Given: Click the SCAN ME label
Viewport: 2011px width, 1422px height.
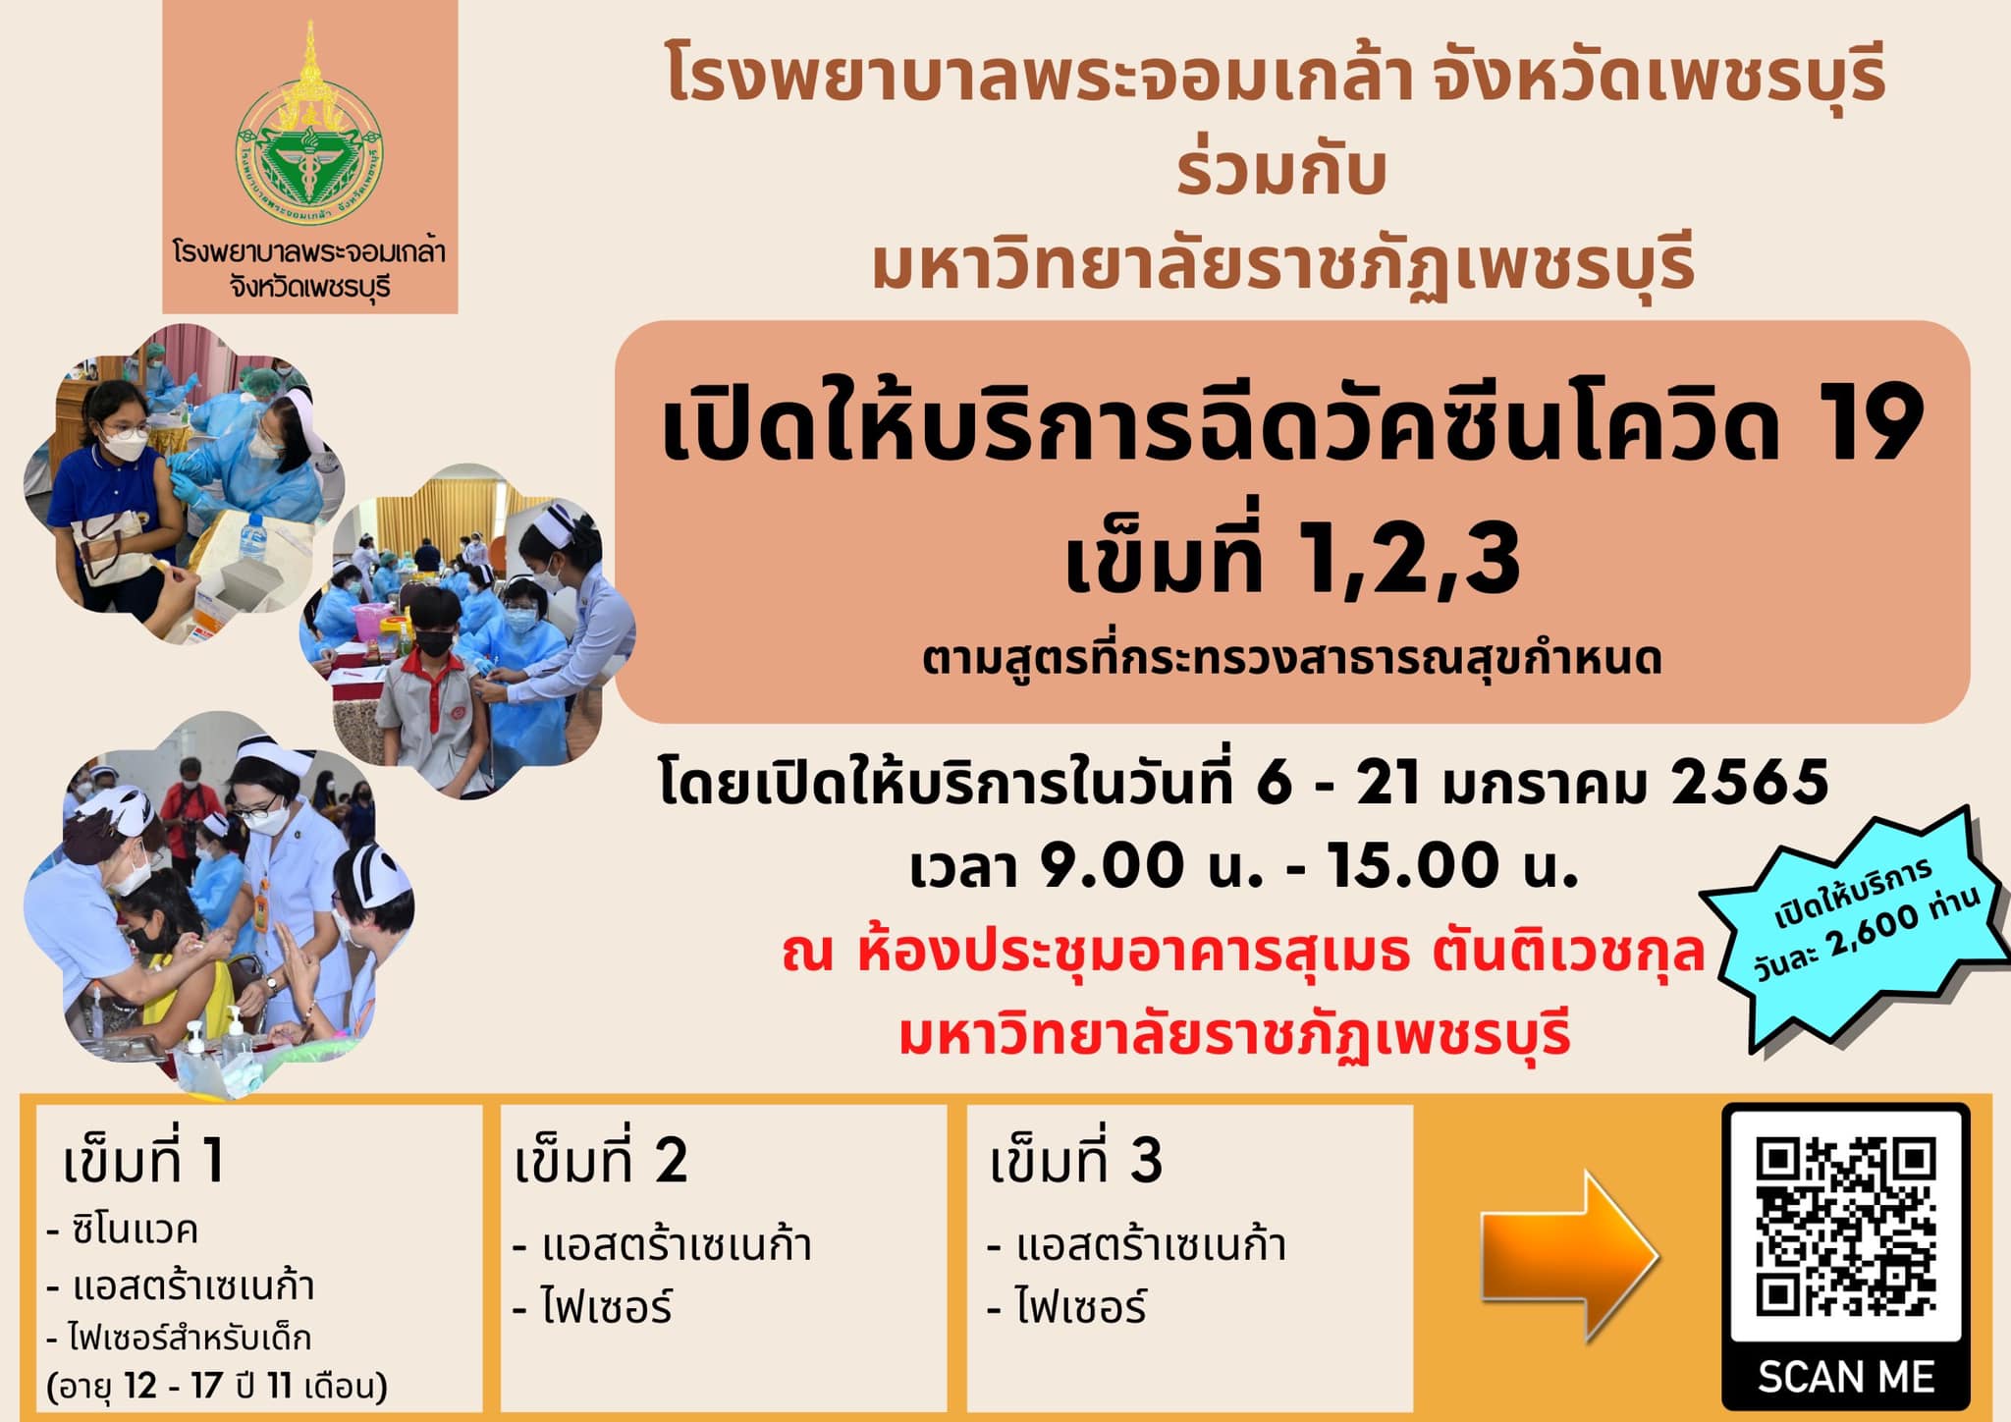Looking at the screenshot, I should [1845, 1377].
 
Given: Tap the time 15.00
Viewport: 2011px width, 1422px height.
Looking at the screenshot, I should [1415, 866].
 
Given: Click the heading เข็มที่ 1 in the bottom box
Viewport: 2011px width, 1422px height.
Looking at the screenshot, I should [143, 1163].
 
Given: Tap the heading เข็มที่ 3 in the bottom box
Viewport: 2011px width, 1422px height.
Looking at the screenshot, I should [1076, 1163].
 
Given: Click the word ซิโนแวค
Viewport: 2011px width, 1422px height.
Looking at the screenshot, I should [135, 1230].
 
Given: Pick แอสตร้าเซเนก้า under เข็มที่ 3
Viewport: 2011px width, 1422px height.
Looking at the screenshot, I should [1150, 1245].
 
